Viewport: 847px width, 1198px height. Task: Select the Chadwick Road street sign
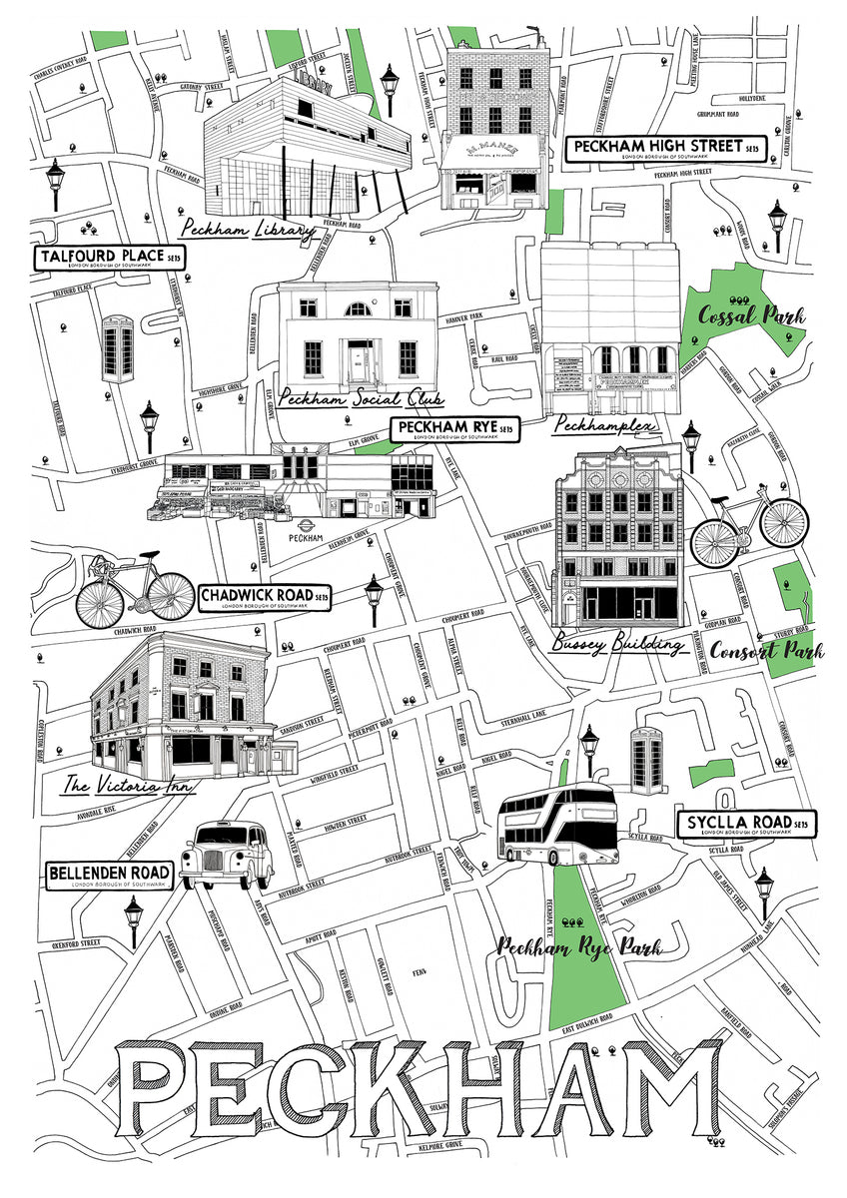tap(264, 598)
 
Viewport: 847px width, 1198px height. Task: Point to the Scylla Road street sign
tap(746, 824)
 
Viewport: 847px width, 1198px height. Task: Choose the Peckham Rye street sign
tap(455, 429)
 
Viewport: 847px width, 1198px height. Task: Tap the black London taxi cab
tap(228, 855)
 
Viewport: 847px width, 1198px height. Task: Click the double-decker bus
tap(559, 825)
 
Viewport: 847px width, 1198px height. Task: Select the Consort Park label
tap(767, 652)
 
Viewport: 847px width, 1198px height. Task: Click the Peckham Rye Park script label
tap(579, 946)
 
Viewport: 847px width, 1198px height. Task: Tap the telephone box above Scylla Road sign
tap(646, 760)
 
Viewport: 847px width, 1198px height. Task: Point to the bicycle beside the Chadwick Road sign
tap(134, 590)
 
